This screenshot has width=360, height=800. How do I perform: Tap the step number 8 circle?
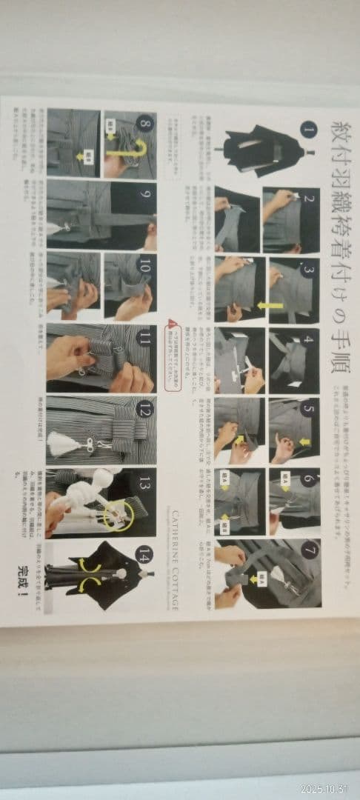point(145,123)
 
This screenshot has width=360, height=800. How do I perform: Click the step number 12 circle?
point(145,406)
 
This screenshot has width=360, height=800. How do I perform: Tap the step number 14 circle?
point(145,552)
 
